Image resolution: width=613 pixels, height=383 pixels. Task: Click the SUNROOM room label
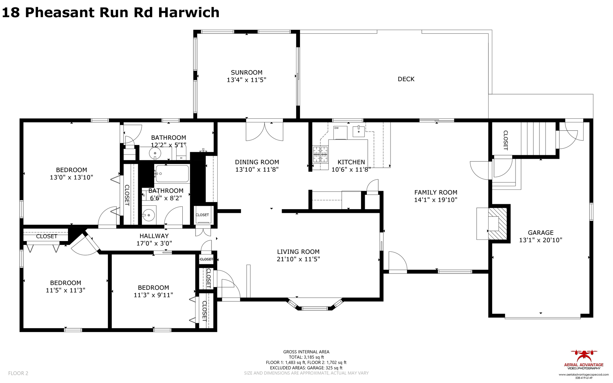tap(246, 73)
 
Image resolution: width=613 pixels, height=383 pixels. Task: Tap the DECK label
tap(406, 79)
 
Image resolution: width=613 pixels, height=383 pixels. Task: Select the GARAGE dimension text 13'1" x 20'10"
tap(540, 240)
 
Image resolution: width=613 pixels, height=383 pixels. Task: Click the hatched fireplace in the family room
tap(498, 224)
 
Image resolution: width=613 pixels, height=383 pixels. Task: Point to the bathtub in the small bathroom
tap(172, 174)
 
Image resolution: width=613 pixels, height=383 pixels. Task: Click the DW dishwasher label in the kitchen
tap(337, 128)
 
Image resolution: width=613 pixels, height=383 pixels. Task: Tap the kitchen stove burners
tap(320, 154)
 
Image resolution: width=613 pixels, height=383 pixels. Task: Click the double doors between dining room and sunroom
tap(265, 131)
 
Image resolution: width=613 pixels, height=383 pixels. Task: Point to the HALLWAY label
tap(154, 236)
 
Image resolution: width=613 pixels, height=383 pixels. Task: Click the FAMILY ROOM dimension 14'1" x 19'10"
tap(436, 200)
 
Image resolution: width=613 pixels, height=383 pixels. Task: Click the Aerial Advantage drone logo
tap(584, 356)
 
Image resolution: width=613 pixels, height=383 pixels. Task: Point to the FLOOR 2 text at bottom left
tap(18, 373)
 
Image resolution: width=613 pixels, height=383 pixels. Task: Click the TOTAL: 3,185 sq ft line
tap(306, 357)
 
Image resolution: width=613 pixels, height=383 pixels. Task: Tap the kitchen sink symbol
tap(359, 131)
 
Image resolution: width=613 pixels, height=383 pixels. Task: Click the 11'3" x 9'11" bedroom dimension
tap(153, 295)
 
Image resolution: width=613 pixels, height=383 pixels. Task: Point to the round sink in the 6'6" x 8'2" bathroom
tap(149, 215)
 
